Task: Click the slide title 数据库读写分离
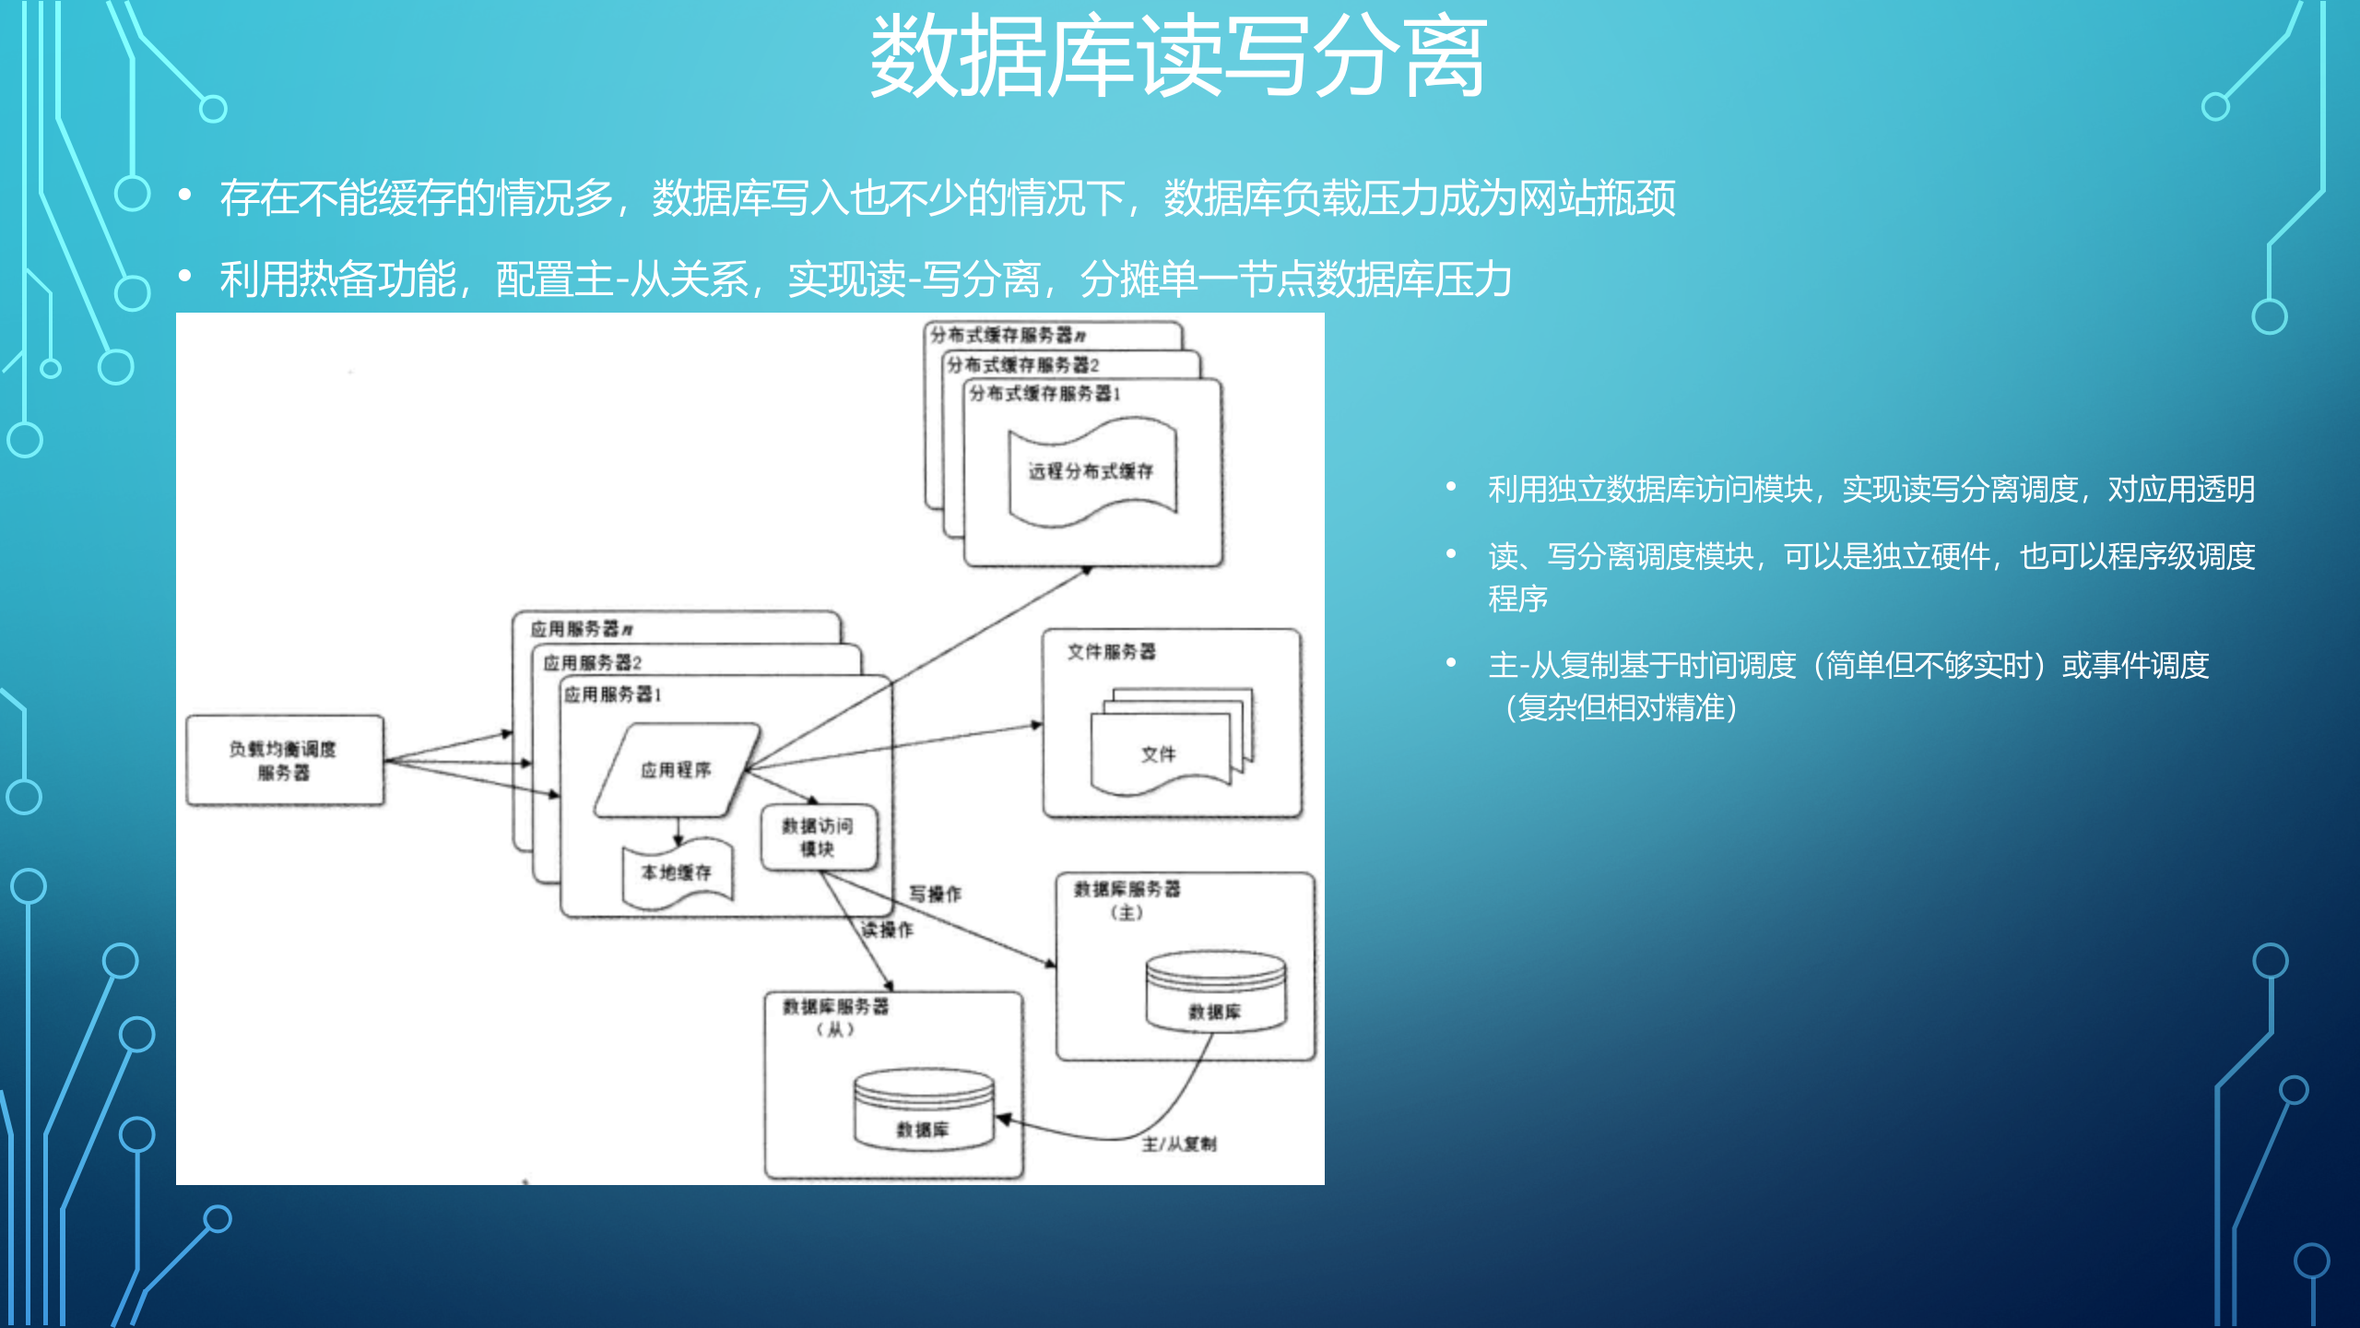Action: click(x=1178, y=57)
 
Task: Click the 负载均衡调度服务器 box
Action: click(x=284, y=761)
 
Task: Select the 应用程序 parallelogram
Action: click(x=677, y=770)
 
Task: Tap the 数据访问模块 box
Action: click(x=819, y=837)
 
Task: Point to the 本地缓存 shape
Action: click(x=678, y=872)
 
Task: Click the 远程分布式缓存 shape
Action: click(x=1091, y=471)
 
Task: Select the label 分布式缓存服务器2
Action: click(x=1023, y=365)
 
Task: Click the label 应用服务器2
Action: click(x=592, y=663)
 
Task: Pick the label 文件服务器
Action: click(x=1111, y=652)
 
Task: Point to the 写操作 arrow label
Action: click(x=935, y=894)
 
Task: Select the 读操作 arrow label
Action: click(x=887, y=930)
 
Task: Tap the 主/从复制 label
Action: click(x=1179, y=1144)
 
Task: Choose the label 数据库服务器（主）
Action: click(x=1127, y=899)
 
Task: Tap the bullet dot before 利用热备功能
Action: click(x=185, y=276)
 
